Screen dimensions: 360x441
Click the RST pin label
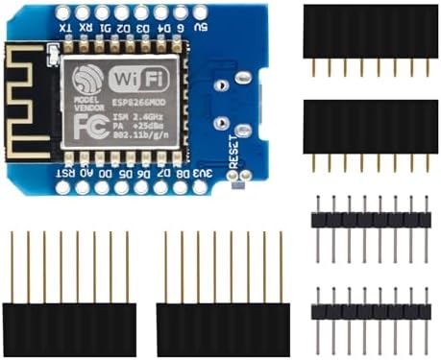tap(65, 173)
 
